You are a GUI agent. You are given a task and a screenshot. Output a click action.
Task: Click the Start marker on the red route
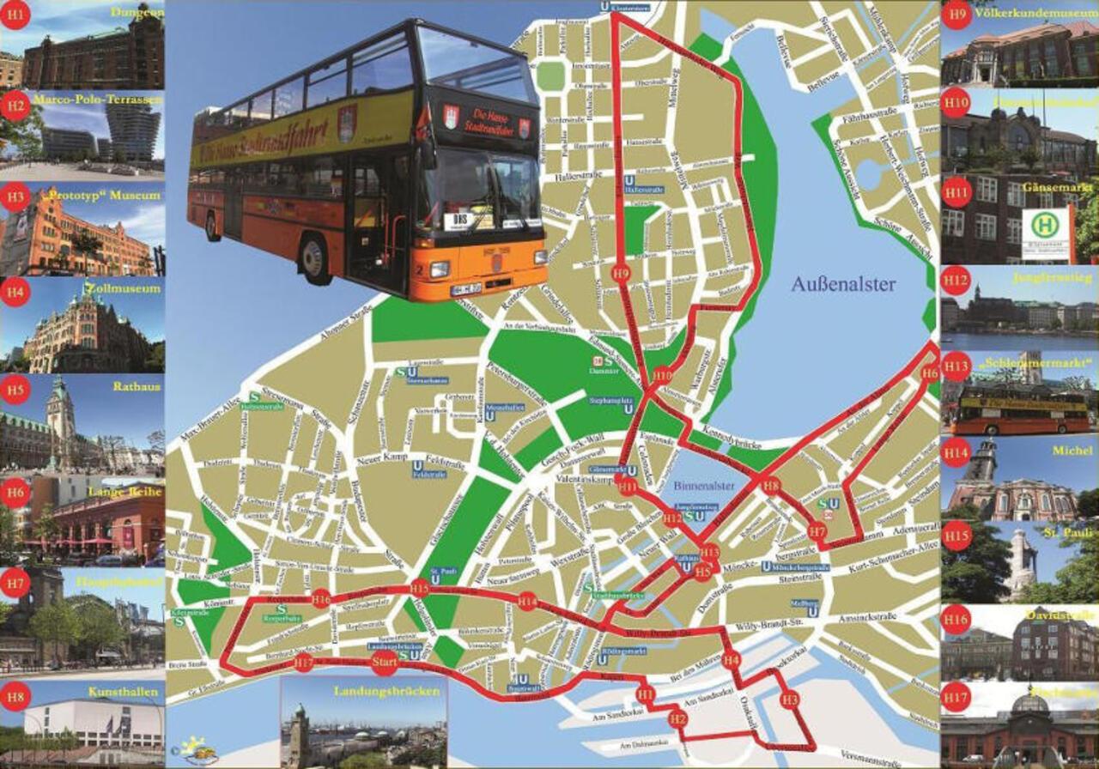click(x=386, y=663)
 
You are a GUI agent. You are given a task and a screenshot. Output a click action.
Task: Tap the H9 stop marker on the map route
click(x=622, y=274)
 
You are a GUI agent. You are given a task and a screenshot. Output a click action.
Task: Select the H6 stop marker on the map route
click(x=930, y=373)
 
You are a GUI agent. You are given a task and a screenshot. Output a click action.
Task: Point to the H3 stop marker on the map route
click(x=790, y=699)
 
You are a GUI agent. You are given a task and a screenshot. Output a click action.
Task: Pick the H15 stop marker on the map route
click(x=419, y=588)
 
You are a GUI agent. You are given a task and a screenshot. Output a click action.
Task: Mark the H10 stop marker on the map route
click(x=662, y=375)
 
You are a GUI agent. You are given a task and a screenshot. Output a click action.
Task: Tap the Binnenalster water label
click(x=703, y=486)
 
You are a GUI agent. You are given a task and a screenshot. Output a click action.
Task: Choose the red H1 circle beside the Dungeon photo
click(x=15, y=15)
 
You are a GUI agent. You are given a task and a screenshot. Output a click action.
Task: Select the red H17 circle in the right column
click(x=956, y=696)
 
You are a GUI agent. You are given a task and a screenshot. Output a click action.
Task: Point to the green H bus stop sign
click(x=1045, y=227)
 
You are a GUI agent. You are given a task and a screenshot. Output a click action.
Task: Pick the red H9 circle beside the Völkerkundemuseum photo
click(x=956, y=15)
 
